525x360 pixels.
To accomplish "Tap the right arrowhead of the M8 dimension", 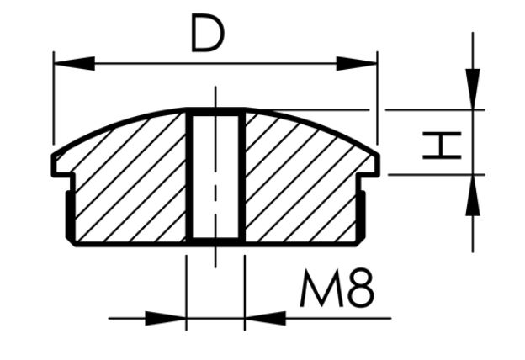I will pyautogui.click(x=264, y=318).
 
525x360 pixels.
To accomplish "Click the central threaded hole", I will pyautogui.click(x=214, y=177).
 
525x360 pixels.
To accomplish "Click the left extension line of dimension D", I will pyautogui.click(x=54, y=101).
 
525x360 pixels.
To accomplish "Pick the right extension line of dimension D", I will pyautogui.click(x=377, y=101).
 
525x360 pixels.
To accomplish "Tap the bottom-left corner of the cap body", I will pyautogui.click(x=73, y=243).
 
